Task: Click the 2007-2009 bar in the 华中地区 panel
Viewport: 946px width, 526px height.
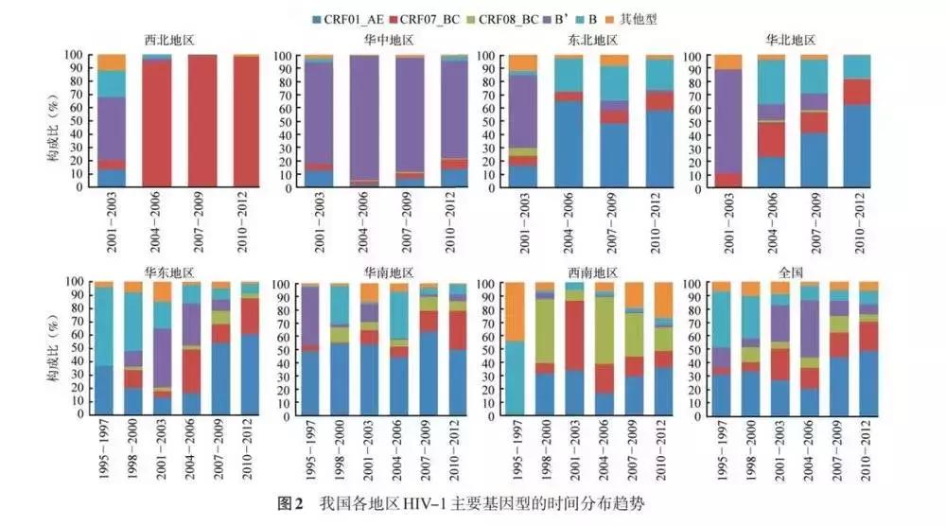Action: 410,121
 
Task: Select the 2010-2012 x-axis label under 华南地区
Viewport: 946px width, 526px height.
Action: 457,448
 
